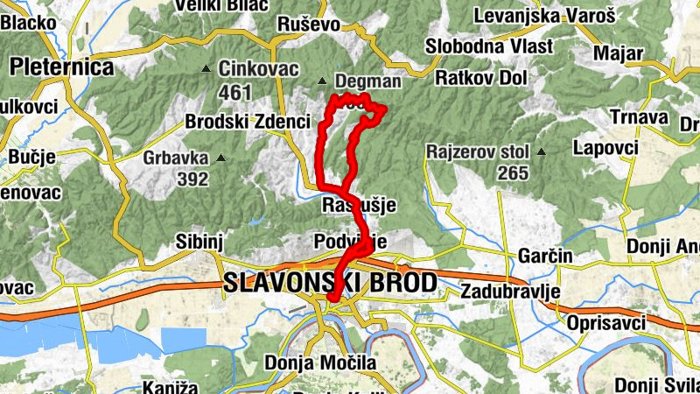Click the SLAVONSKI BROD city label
click(x=330, y=283)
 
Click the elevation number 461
click(x=235, y=91)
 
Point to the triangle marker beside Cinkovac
click(x=206, y=68)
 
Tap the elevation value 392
click(x=192, y=179)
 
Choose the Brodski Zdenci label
click(x=248, y=122)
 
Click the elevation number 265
click(x=513, y=172)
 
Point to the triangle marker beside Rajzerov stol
click(x=541, y=151)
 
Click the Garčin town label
click(x=545, y=256)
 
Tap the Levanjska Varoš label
click(x=544, y=16)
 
